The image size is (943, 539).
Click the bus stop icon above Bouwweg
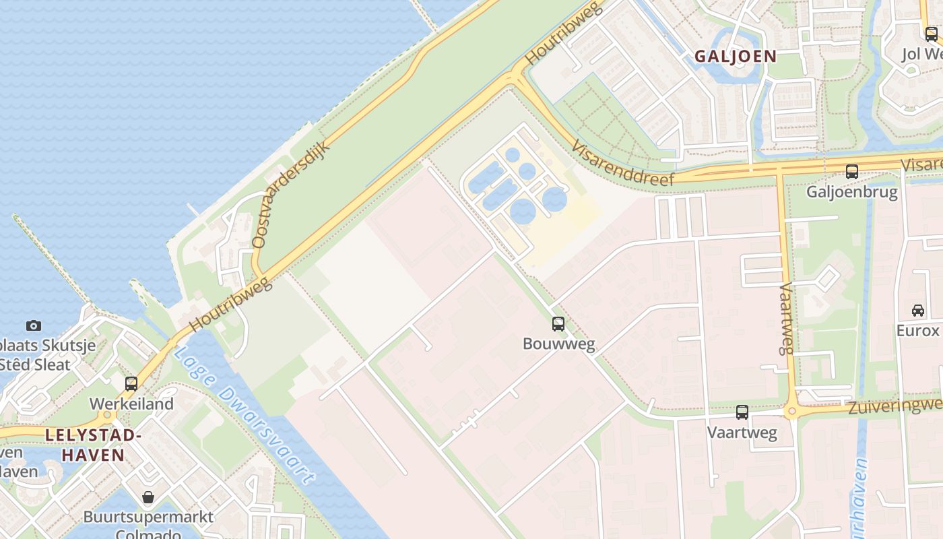click(558, 324)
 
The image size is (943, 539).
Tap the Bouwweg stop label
click(558, 344)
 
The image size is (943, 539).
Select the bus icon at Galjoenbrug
click(852, 172)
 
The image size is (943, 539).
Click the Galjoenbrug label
click(852, 192)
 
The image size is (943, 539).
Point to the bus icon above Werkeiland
click(131, 384)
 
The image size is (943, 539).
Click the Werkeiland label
click(131, 404)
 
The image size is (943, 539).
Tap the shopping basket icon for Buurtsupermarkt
click(148, 498)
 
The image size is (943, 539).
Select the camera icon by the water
click(34, 326)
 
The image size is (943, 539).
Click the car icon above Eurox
click(917, 311)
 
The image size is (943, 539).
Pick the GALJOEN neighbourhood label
click(736, 56)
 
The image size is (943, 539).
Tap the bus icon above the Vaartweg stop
click(742, 412)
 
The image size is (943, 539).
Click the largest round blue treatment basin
click(523, 211)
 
